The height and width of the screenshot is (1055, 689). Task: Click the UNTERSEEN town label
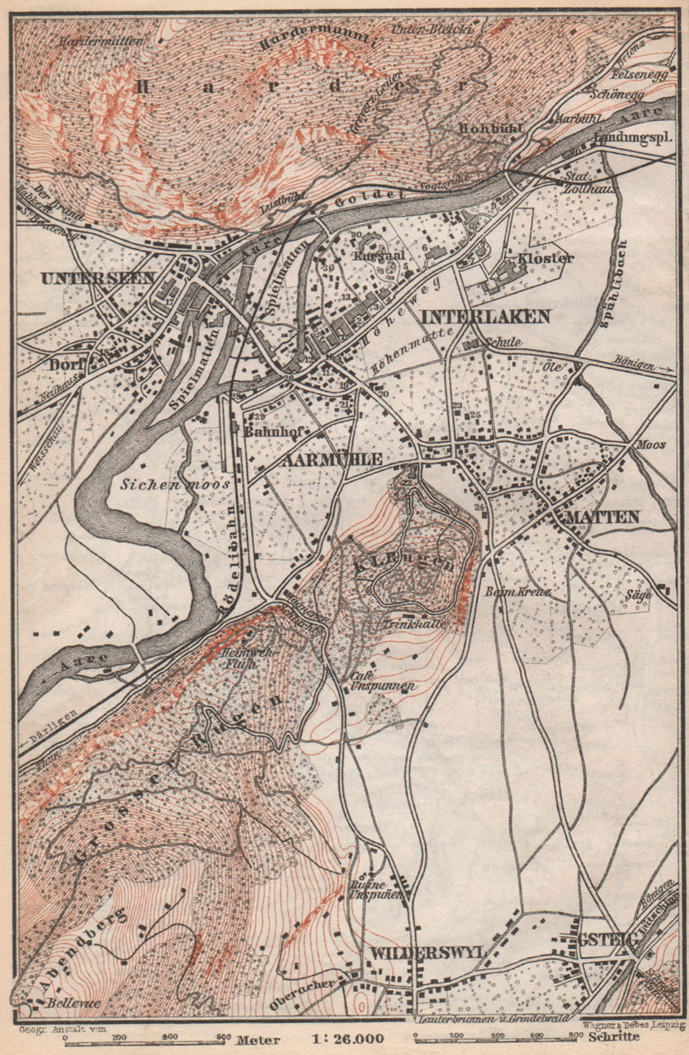(x=97, y=278)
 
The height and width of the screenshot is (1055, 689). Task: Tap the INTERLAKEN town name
(x=485, y=316)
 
